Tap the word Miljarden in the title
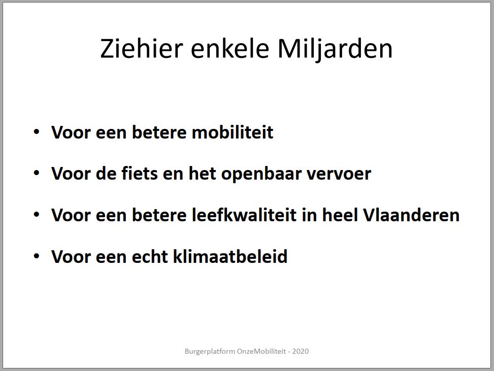click(x=335, y=49)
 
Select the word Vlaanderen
click(x=412, y=215)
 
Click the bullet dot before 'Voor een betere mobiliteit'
click(x=37, y=132)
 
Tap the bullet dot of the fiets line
click(x=37, y=173)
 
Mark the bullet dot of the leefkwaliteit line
click(x=37, y=215)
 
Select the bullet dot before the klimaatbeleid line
click(x=37, y=256)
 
